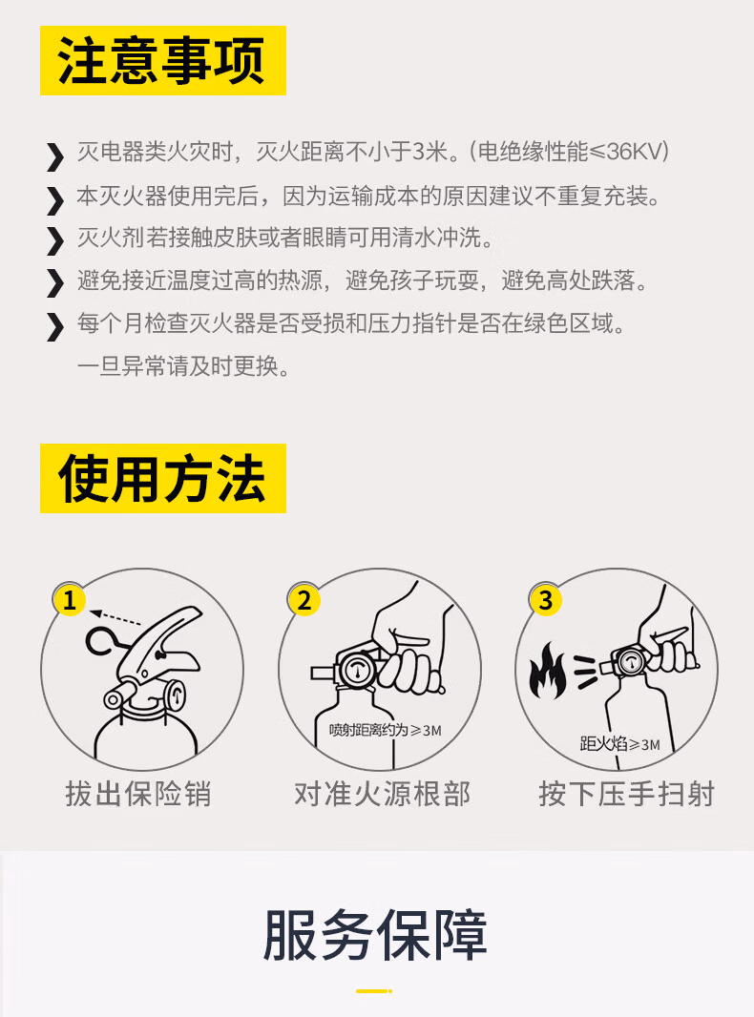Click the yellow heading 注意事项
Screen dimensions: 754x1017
pos(163,60)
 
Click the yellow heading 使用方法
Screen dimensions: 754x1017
pos(163,478)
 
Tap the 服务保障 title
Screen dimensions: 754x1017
pos(375,935)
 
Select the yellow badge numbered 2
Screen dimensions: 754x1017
pos(304,600)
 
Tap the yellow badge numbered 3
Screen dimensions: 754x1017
pos(546,600)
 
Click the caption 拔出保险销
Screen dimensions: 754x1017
pos(138,794)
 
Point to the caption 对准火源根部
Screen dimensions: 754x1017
pos(382,794)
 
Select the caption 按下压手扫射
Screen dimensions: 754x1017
pos(627,794)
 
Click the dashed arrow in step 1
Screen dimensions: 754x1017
pos(115,617)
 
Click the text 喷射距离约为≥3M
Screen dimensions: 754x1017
pos(385,731)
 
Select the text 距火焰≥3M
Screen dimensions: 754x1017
pos(619,743)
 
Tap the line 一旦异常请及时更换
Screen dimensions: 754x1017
pos(183,366)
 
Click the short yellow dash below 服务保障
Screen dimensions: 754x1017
pos(374,991)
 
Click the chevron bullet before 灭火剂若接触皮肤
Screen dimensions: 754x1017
pos(55,240)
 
